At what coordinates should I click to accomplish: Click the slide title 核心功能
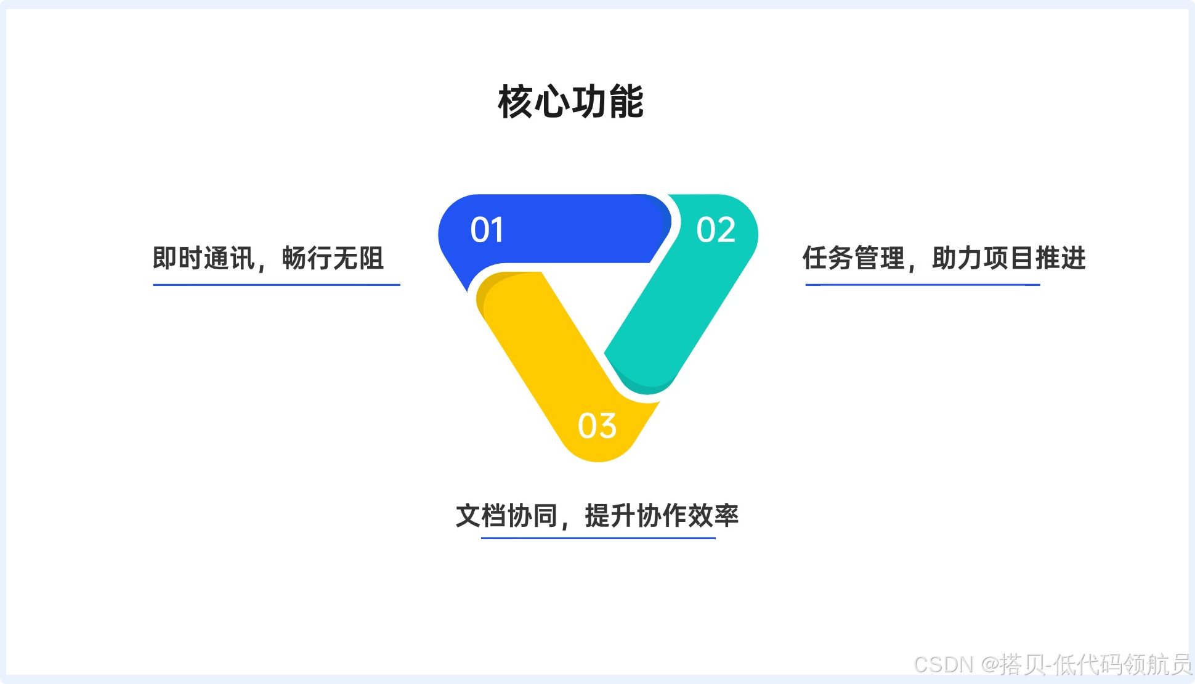pyautogui.click(x=570, y=102)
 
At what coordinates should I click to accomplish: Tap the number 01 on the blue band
pyautogui.click(x=487, y=230)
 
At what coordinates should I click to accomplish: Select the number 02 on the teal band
pyautogui.click(x=716, y=230)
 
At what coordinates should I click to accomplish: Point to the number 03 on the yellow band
pyautogui.click(x=597, y=426)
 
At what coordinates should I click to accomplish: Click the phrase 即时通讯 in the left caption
pyautogui.click(x=203, y=258)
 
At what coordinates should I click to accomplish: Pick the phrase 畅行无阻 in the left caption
pyautogui.click(x=333, y=258)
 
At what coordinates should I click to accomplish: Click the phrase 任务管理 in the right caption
pyautogui.click(x=853, y=258)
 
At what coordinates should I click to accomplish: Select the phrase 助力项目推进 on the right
pyautogui.click(x=1008, y=258)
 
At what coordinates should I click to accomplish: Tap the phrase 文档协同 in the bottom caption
pyautogui.click(x=506, y=516)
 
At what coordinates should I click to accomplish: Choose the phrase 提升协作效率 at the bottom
pyautogui.click(x=661, y=516)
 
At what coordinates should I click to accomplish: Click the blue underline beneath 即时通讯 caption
pyautogui.click(x=277, y=285)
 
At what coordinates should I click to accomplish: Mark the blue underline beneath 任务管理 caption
pyautogui.click(x=922, y=285)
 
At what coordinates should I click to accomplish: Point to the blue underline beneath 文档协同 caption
pyautogui.click(x=598, y=538)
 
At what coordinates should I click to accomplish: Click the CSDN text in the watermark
pyautogui.click(x=943, y=664)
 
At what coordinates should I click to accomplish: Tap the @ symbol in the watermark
pyautogui.click(x=990, y=664)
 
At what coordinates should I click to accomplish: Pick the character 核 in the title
pyautogui.click(x=515, y=102)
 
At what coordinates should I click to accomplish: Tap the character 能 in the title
pyautogui.click(x=626, y=102)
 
